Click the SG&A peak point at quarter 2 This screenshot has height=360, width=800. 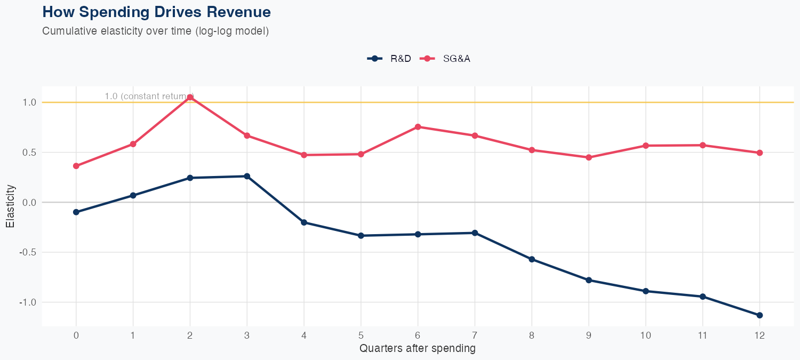click(190, 97)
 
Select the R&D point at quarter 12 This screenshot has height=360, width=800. click(759, 315)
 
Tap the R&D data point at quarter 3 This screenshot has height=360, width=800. click(247, 176)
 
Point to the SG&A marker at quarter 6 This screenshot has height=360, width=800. click(418, 127)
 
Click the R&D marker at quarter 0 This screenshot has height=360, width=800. click(76, 212)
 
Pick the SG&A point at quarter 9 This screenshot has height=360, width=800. click(589, 157)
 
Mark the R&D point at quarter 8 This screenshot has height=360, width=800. click(532, 259)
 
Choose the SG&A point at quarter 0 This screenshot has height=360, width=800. click(76, 166)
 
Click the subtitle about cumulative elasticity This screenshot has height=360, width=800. click(155, 31)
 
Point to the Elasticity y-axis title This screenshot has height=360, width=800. click(10, 206)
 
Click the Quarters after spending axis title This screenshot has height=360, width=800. click(418, 349)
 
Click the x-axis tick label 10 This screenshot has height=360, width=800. click(645, 335)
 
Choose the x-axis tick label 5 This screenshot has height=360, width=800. click(361, 335)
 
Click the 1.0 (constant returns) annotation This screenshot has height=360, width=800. click(149, 97)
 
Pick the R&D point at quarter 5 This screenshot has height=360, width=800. click(361, 236)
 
